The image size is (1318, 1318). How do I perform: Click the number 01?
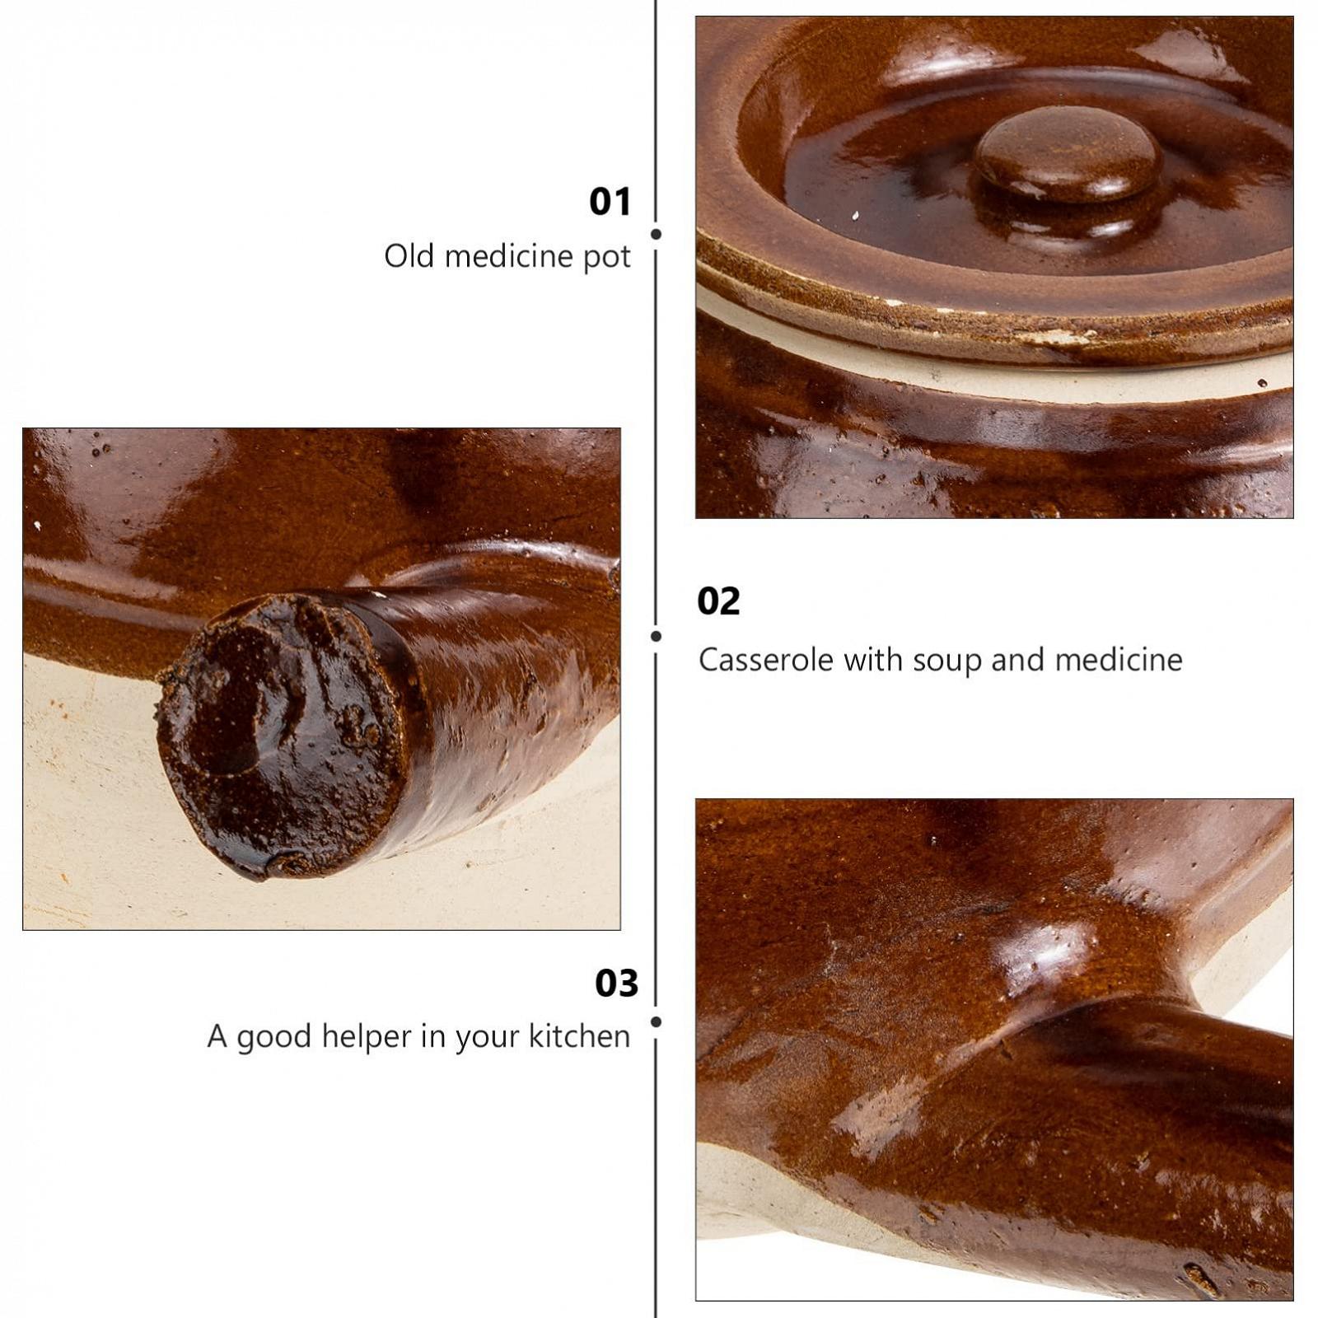pos(610,202)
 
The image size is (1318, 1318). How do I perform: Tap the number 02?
pos(718,601)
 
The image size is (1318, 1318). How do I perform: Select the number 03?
pos(617,984)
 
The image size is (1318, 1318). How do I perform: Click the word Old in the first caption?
pos(409,256)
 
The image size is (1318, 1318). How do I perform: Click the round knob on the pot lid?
pos(1069,157)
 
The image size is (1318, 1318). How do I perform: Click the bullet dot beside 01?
pos(656,234)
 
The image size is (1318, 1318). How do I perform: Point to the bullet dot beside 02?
pos(656,636)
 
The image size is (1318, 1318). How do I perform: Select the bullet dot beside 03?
pos(656,1021)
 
